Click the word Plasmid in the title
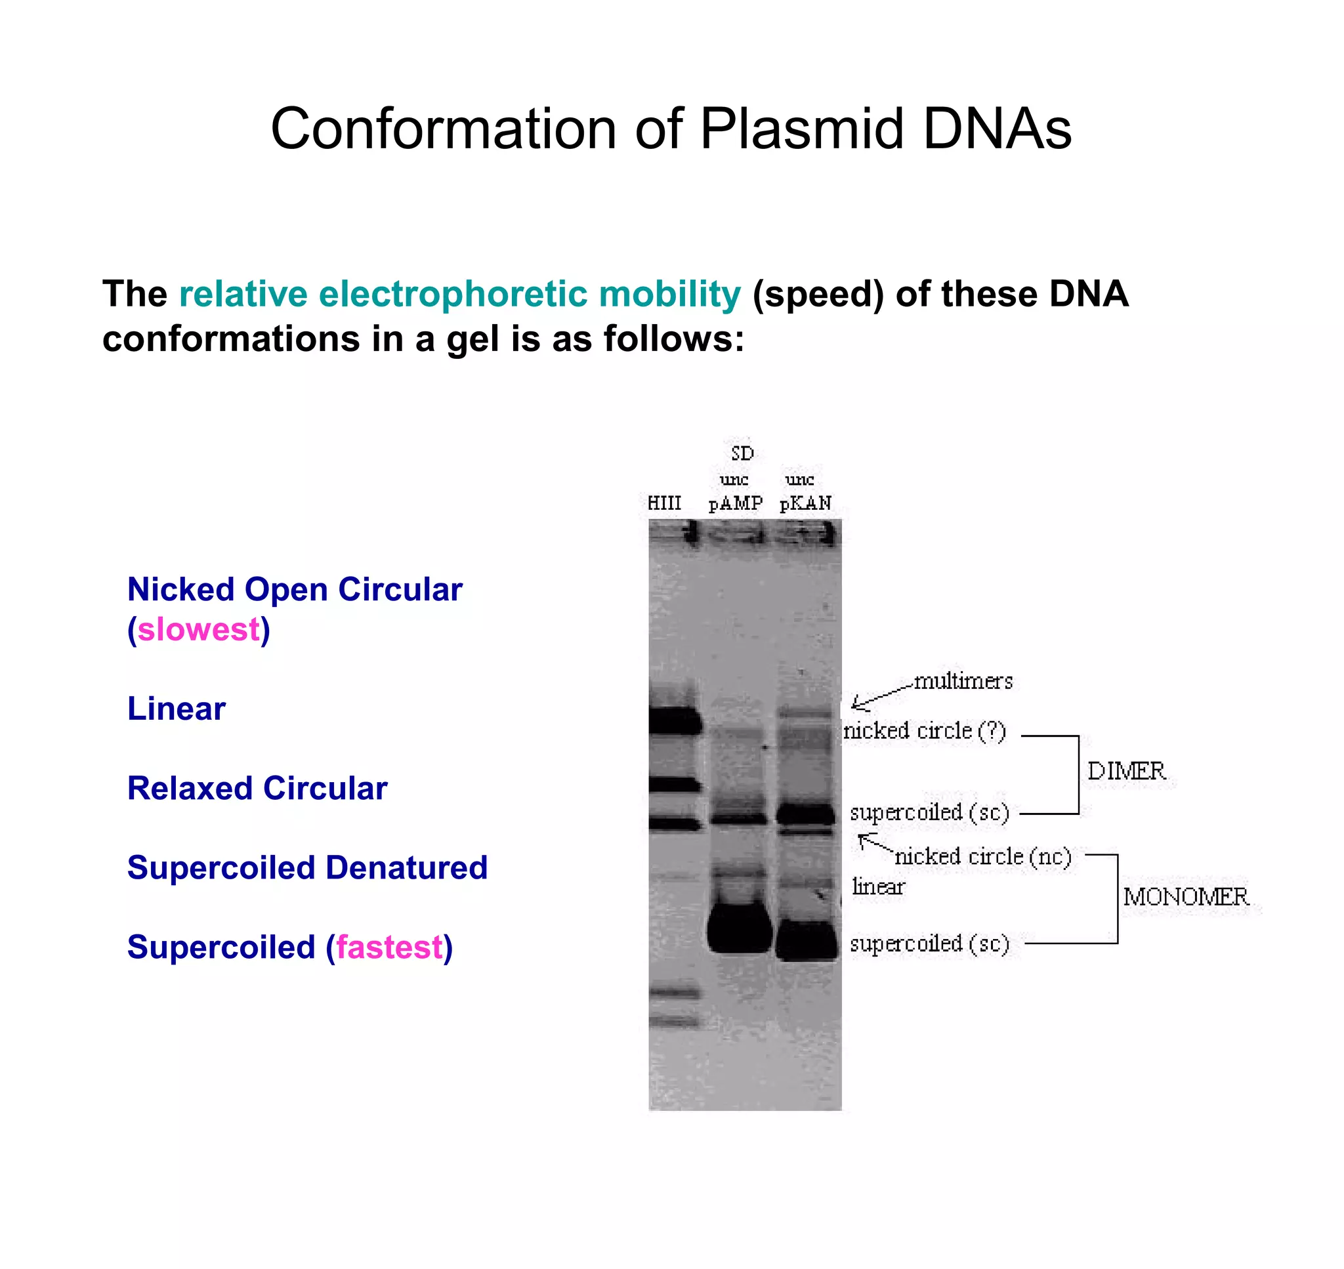(801, 129)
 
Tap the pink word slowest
(199, 630)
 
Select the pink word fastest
(390, 947)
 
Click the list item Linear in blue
(177, 709)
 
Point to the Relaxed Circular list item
(257, 788)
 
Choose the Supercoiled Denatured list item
(307, 868)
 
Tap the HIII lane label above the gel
(664, 503)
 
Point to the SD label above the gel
(742, 453)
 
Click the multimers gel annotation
(963, 681)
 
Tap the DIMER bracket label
(1126, 771)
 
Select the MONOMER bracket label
(1186, 897)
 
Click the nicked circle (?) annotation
(925, 731)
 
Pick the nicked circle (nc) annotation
(983, 857)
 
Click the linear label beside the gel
(878, 887)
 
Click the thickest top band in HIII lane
(675, 720)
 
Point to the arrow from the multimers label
(879, 697)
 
